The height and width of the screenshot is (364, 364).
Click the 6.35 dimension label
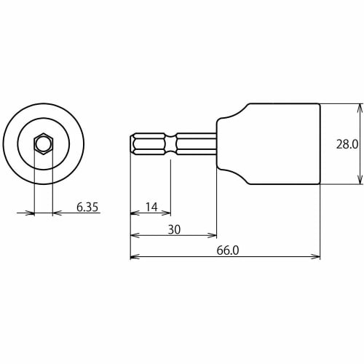pos(87,207)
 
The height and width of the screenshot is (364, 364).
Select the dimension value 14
pos(151,207)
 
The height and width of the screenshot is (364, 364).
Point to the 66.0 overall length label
pos(227,250)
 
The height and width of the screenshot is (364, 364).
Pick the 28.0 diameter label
pos(346,144)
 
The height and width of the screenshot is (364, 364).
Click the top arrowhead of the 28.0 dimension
pos(360,107)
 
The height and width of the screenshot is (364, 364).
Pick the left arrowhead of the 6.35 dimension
pos(31,213)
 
